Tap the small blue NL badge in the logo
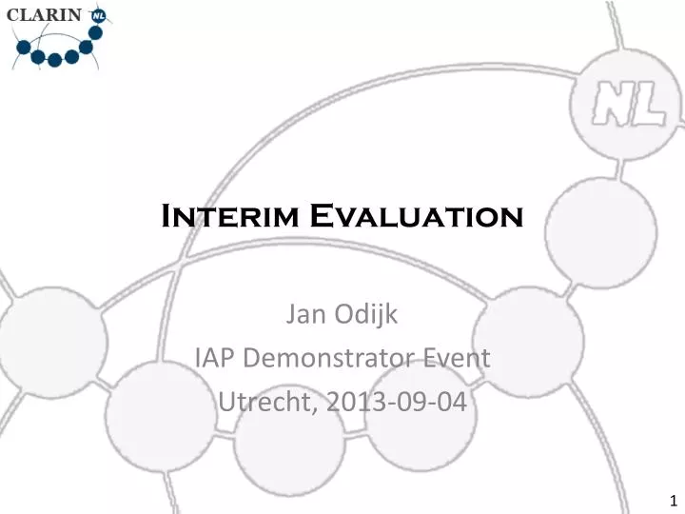coord(97,16)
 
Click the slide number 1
coord(673,501)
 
